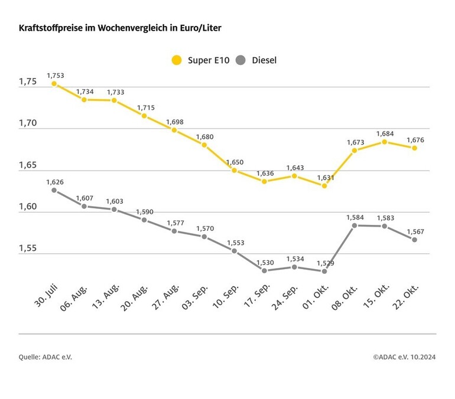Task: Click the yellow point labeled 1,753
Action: pyautogui.click(x=54, y=84)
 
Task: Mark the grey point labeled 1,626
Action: pyautogui.click(x=54, y=190)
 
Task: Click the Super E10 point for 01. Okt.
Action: pyautogui.click(x=324, y=185)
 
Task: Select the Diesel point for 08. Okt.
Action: pyautogui.click(x=355, y=225)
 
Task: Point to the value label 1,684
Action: pyautogui.click(x=384, y=133)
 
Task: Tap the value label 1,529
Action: pyautogui.click(x=324, y=262)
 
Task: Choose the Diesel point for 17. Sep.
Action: pyautogui.click(x=264, y=270)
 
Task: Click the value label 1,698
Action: pyautogui.click(x=174, y=122)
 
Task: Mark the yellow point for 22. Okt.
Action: pyautogui.click(x=415, y=148)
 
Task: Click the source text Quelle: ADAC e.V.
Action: pyautogui.click(x=45, y=357)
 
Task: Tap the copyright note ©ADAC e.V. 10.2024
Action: pyautogui.click(x=404, y=357)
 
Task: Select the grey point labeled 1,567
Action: pyautogui.click(x=415, y=240)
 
